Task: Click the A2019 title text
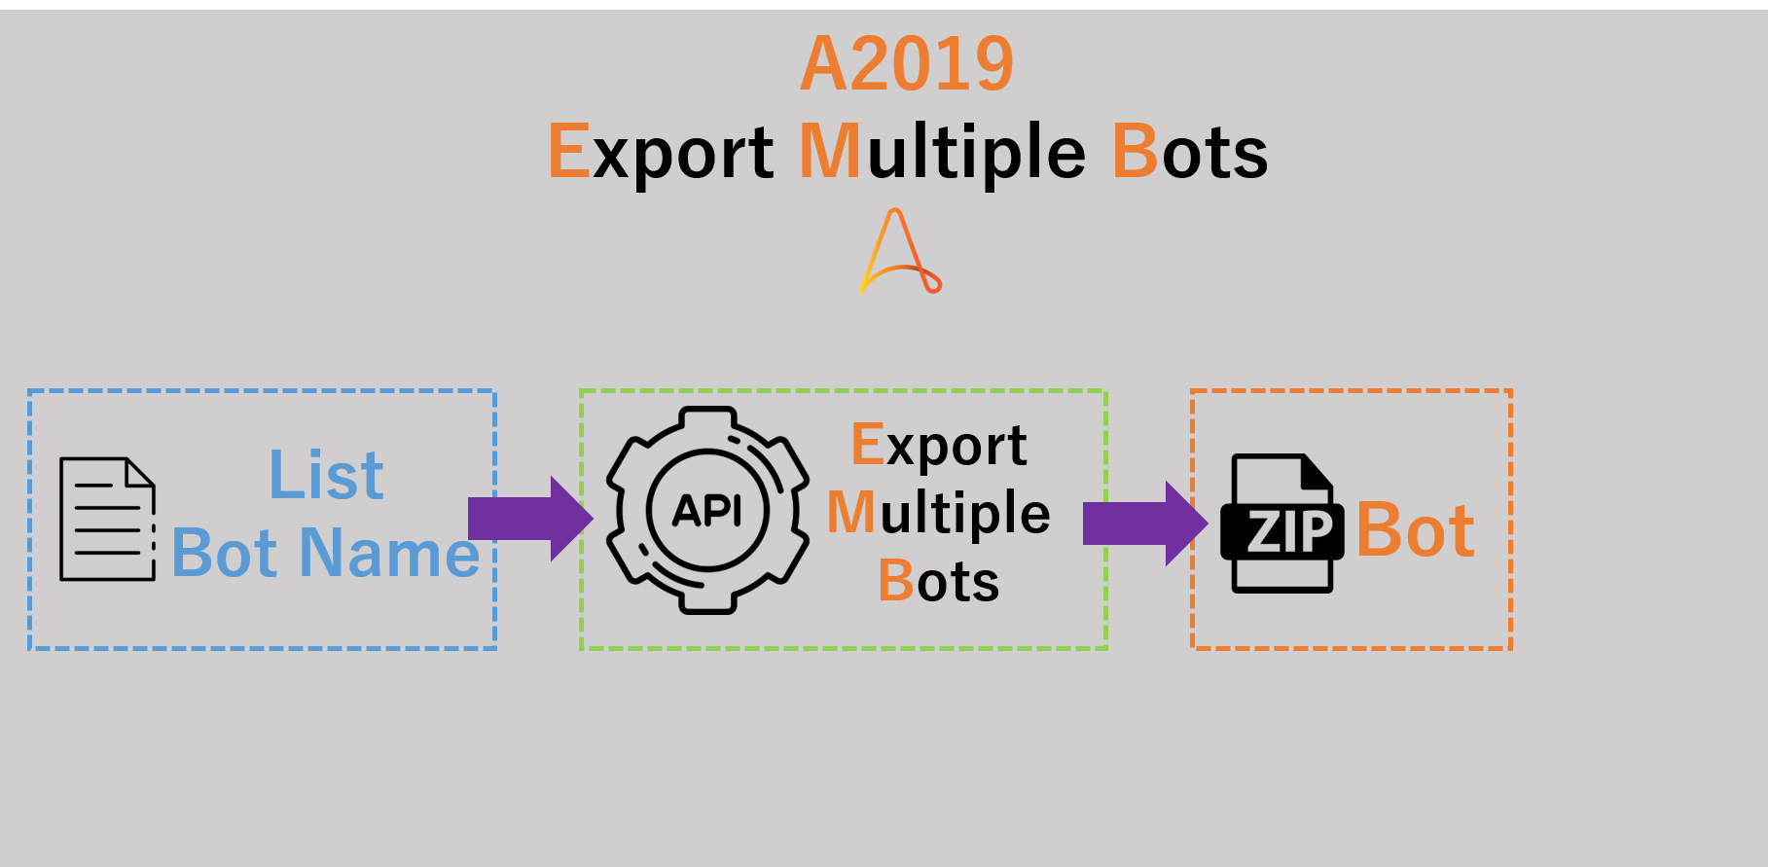click(x=907, y=64)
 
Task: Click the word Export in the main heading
click(x=662, y=152)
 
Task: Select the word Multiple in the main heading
click(x=942, y=152)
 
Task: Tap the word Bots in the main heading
click(x=1190, y=152)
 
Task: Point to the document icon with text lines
click(x=107, y=519)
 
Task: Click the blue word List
click(x=326, y=476)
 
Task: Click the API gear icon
click(x=707, y=510)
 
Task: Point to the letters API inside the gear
click(x=707, y=510)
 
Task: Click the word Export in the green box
click(x=939, y=445)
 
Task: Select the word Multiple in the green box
click(x=939, y=513)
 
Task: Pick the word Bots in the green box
click(x=939, y=581)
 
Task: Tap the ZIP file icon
click(x=1281, y=524)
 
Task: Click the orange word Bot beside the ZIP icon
click(x=1416, y=530)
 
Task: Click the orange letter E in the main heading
click(x=569, y=152)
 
